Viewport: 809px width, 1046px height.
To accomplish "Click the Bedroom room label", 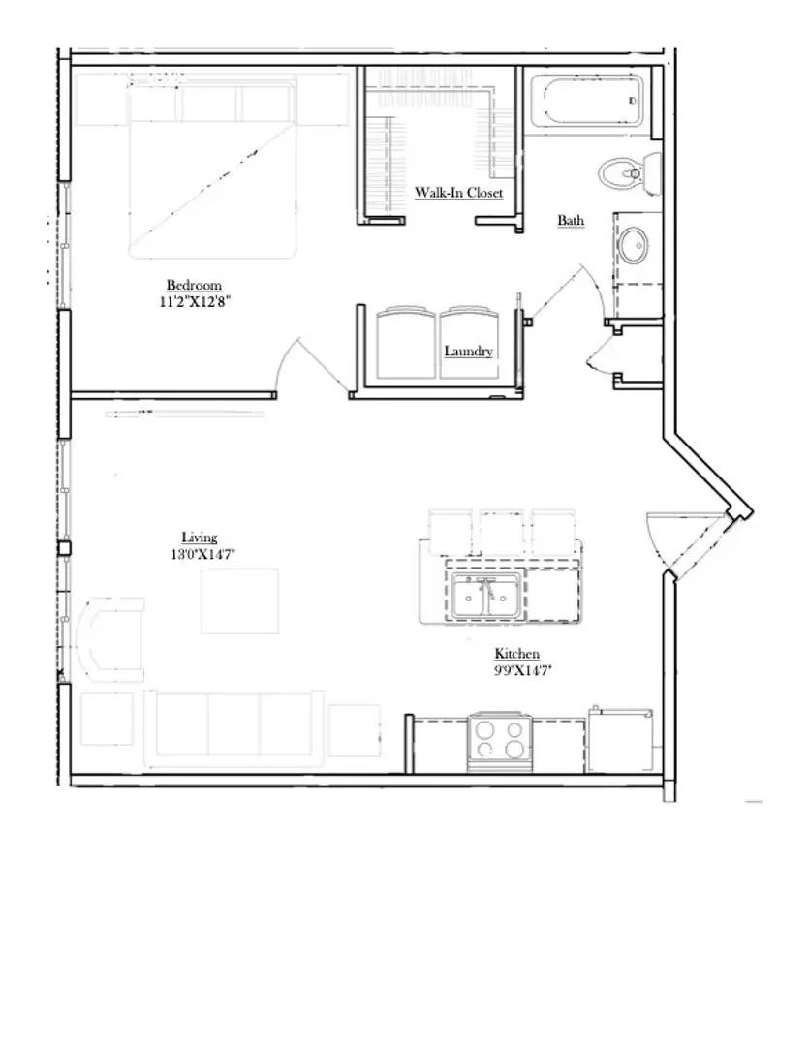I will tap(194, 285).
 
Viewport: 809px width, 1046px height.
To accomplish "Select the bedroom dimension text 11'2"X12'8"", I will tap(197, 301).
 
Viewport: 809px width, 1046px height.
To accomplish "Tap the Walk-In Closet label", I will tap(458, 193).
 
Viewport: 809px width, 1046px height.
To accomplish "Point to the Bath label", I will tap(571, 221).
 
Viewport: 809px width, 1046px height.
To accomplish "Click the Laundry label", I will tap(468, 351).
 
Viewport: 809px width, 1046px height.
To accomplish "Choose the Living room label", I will tap(200, 538).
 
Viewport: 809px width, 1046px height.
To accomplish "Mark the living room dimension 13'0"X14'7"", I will tap(202, 554).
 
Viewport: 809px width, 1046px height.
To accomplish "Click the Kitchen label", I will tap(516, 654).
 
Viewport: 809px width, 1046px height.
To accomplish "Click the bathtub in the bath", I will tap(585, 103).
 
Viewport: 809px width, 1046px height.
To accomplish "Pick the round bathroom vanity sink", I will tap(636, 245).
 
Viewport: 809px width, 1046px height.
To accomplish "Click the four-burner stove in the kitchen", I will tap(500, 741).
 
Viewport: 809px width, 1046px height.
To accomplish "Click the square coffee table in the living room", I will tap(239, 600).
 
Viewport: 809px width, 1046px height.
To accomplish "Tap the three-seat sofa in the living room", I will tap(234, 726).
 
